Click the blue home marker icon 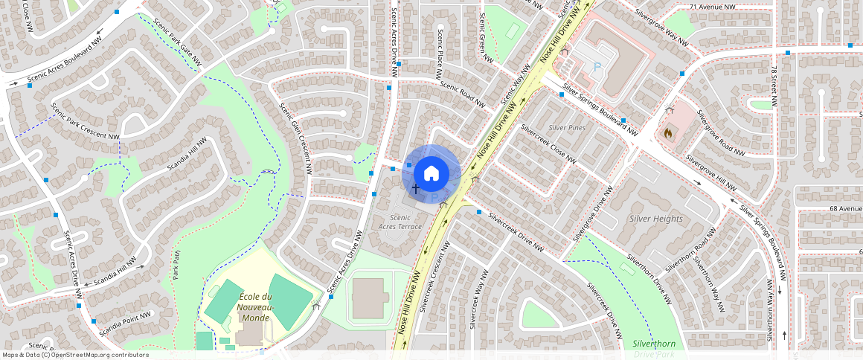click(x=431, y=173)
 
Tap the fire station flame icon click(x=668, y=134)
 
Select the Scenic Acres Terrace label click(x=400, y=222)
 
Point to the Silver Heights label click(x=656, y=219)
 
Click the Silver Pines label click(x=567, y=128)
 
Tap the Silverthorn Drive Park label click(x=654, y=347)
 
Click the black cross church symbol click(x=415, y=190)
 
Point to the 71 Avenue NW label click(x=712, y=7)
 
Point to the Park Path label click(x=176, y=264)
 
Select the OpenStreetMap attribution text click(x=75, y=355)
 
